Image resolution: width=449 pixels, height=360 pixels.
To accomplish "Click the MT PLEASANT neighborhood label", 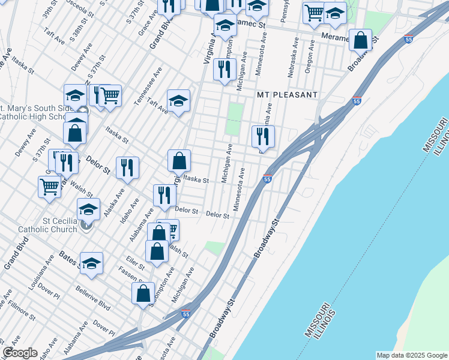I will point(287,95).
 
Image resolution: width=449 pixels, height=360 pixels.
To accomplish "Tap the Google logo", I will point(20,353).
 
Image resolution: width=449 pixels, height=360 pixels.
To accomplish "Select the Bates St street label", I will point(69,259).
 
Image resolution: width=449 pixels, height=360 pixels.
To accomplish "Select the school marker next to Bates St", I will point(91,263).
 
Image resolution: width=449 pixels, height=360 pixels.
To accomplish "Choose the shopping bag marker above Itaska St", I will point(179,161).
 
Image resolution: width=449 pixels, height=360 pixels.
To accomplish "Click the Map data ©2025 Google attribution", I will point(411,355).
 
